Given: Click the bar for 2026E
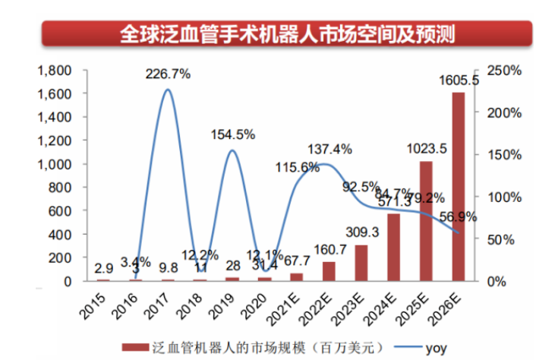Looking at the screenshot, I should tap(458, 187).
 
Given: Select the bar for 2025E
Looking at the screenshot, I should tap(425, 221).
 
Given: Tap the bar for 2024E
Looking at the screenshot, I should tap(393, 248).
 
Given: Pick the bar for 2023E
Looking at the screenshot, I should tap(361, 263).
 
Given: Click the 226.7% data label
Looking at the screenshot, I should tap(169, 74).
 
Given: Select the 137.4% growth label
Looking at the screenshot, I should tap(329, 149).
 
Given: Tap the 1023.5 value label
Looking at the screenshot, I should tap(425, 148).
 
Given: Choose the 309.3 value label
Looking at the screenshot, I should tap(361, 232).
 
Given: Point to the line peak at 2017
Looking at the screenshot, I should tap(168, 90).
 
